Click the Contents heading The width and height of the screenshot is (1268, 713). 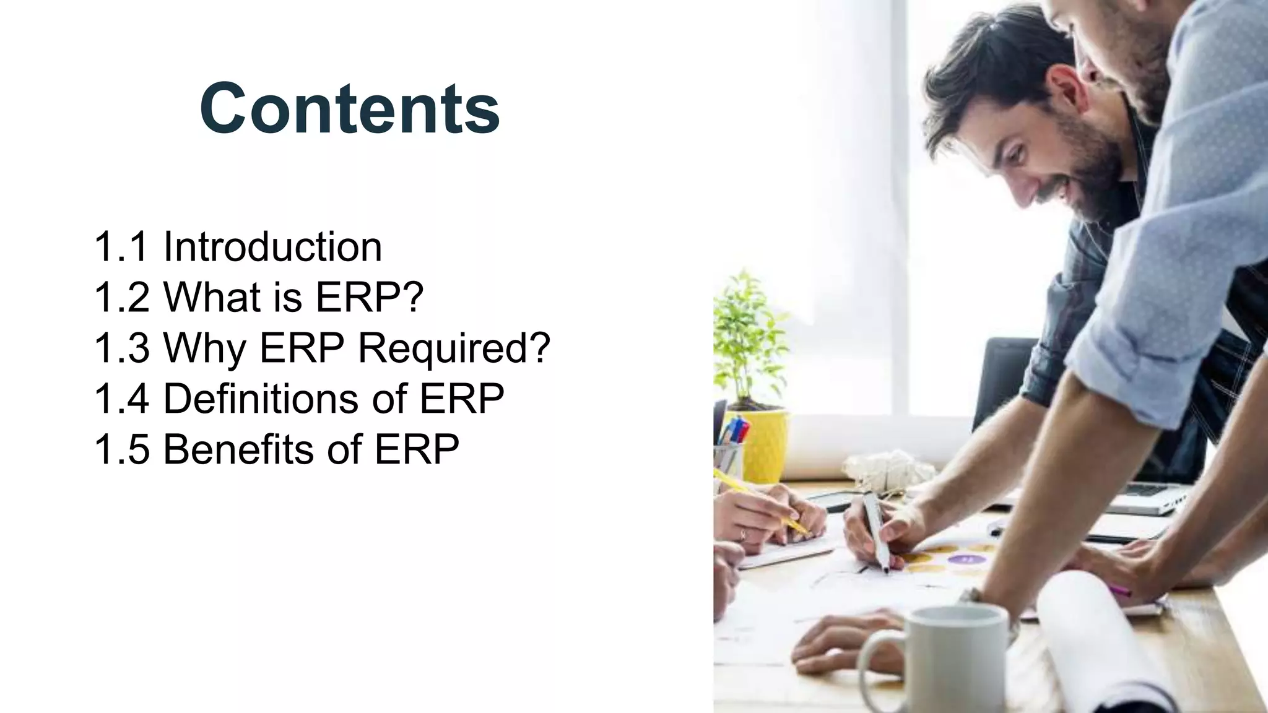click(x=350, y=108)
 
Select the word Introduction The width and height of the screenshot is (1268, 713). click(x=272, y=246)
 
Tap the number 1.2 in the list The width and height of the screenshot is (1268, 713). click(x=121, y=297)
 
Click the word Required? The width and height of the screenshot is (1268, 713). click(x=454, y=348)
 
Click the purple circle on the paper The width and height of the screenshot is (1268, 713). click(x=966, y=559)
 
